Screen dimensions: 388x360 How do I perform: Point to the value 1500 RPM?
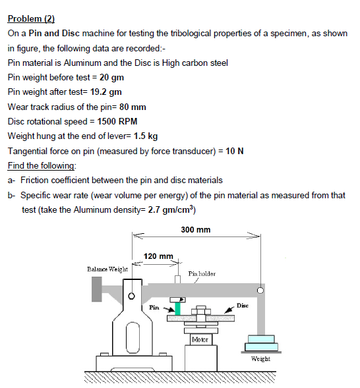pos(117,121)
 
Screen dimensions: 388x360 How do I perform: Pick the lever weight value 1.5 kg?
pos(145,136)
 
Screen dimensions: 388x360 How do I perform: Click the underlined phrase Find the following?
pos(42,165)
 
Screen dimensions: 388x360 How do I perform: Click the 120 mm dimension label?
pos(158,256)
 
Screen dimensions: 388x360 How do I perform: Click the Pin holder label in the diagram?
pos(201,273)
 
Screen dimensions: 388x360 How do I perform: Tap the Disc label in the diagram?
pos(242,305)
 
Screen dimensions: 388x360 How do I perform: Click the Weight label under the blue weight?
pos(260,359)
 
